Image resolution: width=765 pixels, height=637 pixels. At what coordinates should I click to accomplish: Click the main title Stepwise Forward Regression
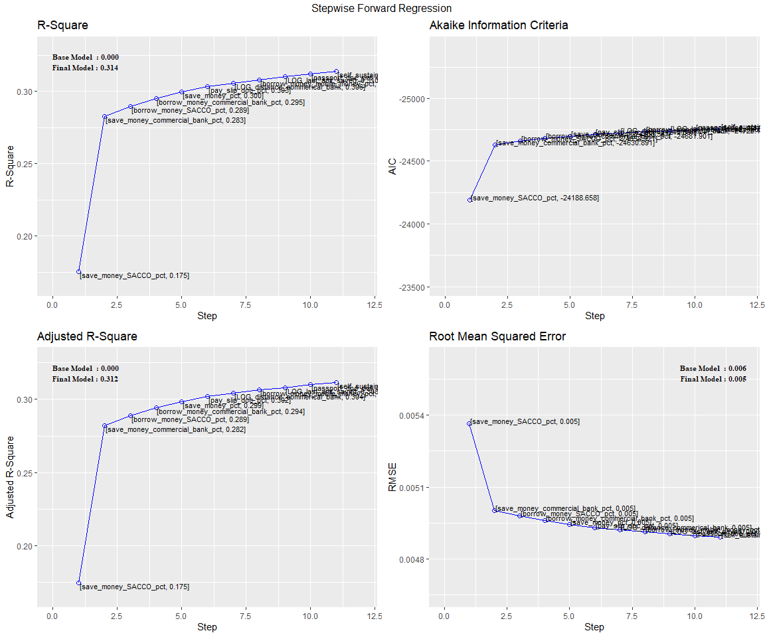pos(382,9)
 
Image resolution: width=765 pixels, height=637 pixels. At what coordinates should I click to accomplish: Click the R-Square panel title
pos(62,25)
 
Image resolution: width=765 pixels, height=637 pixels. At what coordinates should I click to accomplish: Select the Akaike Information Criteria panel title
pos(499,25)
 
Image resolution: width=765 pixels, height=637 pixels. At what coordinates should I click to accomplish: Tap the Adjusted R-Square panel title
pos(87,336)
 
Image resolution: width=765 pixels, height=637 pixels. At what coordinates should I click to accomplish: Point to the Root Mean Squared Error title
pos(497,336)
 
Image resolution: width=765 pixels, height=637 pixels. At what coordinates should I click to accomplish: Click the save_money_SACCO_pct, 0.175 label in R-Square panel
pos(134,275)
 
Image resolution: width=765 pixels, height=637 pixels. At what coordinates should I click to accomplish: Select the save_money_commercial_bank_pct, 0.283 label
pos(176,121)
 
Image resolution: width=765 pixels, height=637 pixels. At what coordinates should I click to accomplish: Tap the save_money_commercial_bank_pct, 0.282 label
pos(176,430)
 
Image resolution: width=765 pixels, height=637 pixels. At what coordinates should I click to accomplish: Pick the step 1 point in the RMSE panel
pos(469,423)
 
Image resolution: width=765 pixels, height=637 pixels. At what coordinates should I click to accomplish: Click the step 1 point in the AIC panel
pos(469,200)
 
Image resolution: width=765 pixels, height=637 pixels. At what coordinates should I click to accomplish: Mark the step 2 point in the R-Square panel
pos(104,117)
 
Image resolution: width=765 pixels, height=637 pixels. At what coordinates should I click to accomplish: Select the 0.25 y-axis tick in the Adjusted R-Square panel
pos(23,472)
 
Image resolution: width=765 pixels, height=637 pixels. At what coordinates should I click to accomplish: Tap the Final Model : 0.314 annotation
pos(86,68)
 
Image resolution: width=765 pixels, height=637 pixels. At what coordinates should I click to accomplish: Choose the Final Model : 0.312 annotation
pos(86,379)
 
